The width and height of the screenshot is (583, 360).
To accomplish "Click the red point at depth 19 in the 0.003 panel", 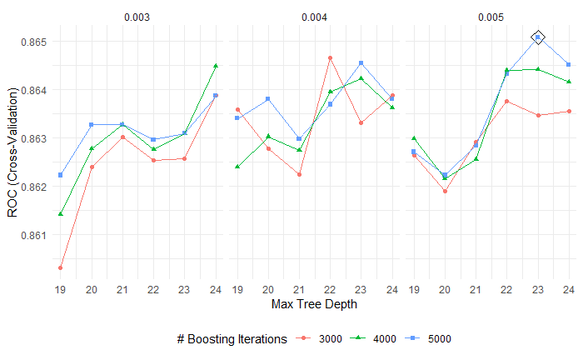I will [60, 267].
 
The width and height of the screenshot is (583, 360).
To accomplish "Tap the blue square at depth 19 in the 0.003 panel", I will [60, 175].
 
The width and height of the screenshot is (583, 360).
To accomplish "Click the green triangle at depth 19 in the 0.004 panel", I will [237, 167].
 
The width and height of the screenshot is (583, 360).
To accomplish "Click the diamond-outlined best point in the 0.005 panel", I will [538, 37].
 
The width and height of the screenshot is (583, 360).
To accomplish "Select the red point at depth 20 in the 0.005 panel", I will [445, 191].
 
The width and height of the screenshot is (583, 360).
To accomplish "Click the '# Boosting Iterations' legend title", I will [232, 339].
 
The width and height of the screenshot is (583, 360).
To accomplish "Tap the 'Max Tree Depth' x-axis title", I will [314, 304].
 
